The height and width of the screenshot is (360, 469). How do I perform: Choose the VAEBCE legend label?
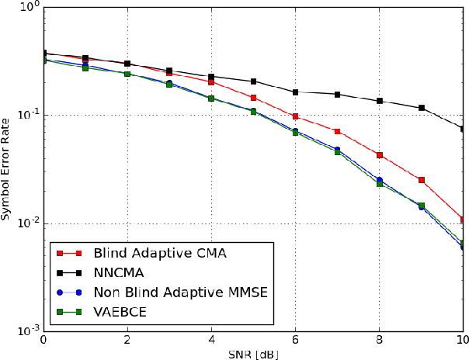[120, 313]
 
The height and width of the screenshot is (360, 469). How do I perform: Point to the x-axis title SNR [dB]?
[252, 353]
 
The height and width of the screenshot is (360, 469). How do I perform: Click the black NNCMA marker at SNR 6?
[295, 92]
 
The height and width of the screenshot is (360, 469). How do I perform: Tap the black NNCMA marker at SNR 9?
[421, 108]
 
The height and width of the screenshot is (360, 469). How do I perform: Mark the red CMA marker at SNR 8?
[379, 155]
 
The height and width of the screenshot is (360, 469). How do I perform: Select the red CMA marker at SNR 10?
[463, 220]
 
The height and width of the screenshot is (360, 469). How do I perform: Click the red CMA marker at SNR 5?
[253, 98]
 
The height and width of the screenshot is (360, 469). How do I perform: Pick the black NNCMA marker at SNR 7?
[337, 95]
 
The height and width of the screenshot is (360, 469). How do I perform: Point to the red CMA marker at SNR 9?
[421, 180]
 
